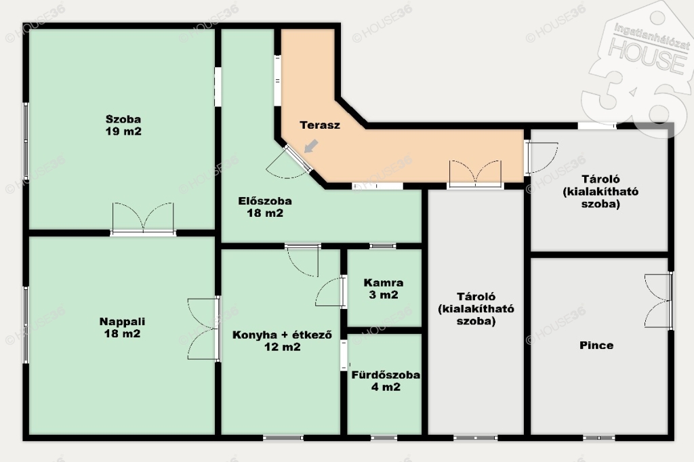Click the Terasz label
click(x=320, y=125)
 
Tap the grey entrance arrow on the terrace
click(x=311, y=146)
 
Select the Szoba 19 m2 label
click(x=123, y=125)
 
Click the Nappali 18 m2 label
click(x=122, y=327)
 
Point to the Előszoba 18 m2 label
click(x=265, y=207)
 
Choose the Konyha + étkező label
click(x=283, y=335)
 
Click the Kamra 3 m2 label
click(x=384, y=289)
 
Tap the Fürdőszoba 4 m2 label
click(x=386, y=381)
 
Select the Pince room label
click(x=596, y=345)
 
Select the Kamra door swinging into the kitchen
click(x=331, y=291)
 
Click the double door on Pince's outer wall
click(x=659, y=301)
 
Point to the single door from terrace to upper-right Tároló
click(x=541, y=158)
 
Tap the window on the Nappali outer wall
click(x=26, y=324)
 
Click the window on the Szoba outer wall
click(x=26, y=141)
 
